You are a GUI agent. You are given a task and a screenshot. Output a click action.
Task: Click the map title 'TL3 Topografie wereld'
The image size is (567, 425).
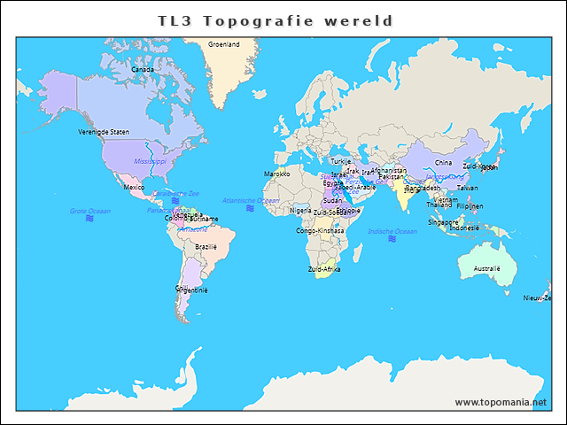pos(276,19)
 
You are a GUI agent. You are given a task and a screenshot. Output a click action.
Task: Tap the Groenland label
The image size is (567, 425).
pos(223,43)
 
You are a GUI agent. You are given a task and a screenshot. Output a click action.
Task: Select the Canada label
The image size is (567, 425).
pos(142,69)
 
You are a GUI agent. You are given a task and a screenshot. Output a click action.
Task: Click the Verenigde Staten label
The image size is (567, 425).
pos(104,132)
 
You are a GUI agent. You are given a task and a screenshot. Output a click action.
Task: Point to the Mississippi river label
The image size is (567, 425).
pos(150,162)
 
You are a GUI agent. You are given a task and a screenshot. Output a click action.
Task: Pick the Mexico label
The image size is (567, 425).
pos(134,188)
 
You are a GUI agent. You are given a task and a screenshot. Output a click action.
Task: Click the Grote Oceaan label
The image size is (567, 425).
pos(90,211)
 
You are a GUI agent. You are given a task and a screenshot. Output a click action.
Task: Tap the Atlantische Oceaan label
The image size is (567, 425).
pos(251,201)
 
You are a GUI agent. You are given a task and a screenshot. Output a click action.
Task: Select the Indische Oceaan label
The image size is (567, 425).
pos(392,231)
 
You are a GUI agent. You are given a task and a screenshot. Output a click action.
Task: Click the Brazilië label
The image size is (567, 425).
pos(206,247)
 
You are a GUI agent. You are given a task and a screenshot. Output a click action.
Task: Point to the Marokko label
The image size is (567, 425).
pos(277,174)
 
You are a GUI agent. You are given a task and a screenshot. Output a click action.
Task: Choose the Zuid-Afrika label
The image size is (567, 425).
pos(324,268)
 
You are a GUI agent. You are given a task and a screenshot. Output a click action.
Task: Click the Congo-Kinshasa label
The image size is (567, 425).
pos(320,230)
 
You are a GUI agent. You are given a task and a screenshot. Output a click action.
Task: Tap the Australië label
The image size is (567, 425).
pos(487,267)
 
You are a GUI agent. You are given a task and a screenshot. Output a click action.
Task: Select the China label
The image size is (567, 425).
pos(443,163)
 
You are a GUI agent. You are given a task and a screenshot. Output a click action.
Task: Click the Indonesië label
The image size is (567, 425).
pos(464,228)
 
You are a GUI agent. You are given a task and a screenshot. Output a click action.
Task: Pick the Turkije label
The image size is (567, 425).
pos(341,161)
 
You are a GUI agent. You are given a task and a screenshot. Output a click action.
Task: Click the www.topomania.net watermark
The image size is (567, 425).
pos(501,402)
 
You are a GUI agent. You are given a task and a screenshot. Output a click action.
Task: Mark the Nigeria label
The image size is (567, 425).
pos(301,211)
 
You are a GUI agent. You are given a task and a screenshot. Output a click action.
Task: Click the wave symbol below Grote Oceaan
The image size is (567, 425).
pos(90,219)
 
